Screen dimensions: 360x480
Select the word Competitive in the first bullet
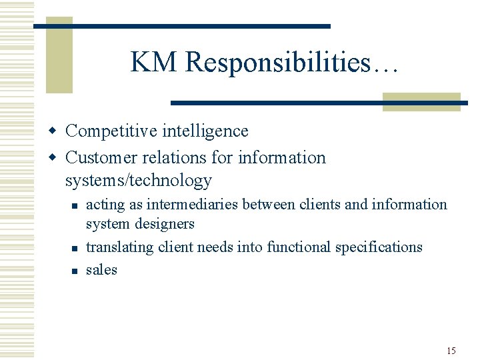[x=109, y=131]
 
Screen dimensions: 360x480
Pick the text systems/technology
[x=139, y=180]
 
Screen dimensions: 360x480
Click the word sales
[x=101, y=270]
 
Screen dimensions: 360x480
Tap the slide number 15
[x=451, y=351]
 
